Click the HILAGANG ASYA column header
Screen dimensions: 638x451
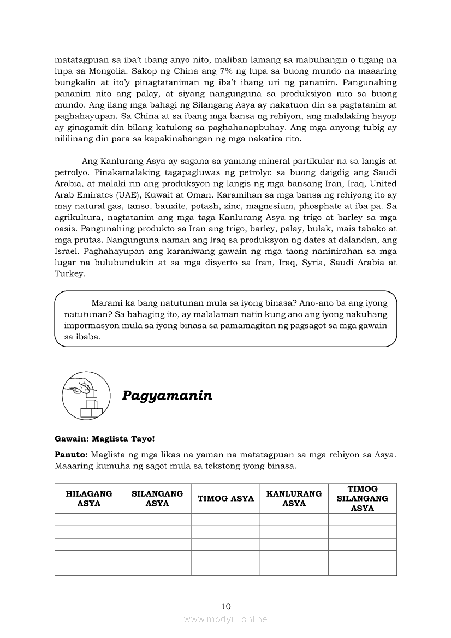pyautogui.click(x=89, y=498)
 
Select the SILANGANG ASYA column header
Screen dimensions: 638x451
pyautogui.click(x=157, y=498)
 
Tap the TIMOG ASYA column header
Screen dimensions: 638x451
pyautogui.click(x=226, y=498)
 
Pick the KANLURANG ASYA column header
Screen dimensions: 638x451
pyautogui.click(x=294, y=498)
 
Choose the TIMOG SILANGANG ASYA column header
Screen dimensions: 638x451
pyautogui.click(x=363, y=498)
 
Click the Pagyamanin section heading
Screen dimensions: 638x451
pyautogui.click(x=167, y=396)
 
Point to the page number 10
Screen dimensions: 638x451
pyautogui.click(x=226, y=606)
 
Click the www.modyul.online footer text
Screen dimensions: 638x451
pyautogui.click(x=226, y=619)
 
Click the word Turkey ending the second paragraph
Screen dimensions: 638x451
pyautogui.click(x=70, y=274)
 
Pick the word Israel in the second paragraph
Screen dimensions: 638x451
pyautogui.click(x=68, y=251)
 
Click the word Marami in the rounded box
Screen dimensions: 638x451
pyautogui.click(x=106, y=302)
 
